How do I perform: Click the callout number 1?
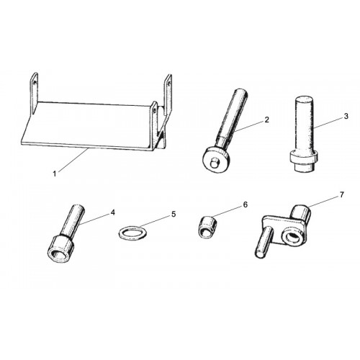click(x=55, y=174)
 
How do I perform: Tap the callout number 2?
click(x=267, y=120)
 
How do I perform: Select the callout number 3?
click(x=346, y=116)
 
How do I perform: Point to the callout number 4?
click(x=112, y=212)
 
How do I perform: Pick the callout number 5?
click(x=174, y=214)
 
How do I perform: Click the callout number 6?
click(x=245, y=204)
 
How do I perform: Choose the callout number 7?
click(x=342, y=194)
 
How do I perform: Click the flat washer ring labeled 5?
click(x=132, y=233)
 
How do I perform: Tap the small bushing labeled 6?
click(x=207, y=227)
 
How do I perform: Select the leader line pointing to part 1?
click(x=73, y=160)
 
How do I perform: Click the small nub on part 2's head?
click(x=214, y=164)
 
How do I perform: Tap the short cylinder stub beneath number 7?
click(x=302, y=212)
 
